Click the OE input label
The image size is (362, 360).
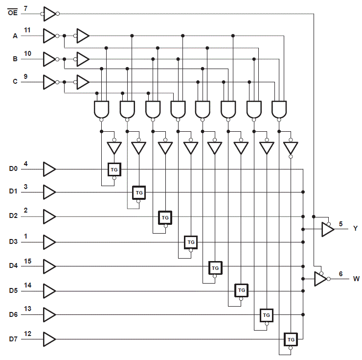click(12, 13)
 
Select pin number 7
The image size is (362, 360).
click(25, 8)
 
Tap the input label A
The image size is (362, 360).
click(15, 36)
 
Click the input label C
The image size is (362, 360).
click(15, 82)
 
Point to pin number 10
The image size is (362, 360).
click(27, 53)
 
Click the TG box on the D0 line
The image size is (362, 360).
click(114, 169)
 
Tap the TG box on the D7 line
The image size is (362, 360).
click(291, 339)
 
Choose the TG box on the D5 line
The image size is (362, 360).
click(241, 290)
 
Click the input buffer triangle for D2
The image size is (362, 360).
click(49, 216)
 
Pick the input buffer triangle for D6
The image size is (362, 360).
click(49, 314)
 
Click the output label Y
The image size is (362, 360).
click(355, 229)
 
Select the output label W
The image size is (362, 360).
click(356, 279)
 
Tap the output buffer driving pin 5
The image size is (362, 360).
click(327, 229)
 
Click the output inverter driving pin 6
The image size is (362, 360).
click(320, 279)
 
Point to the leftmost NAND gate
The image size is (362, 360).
click(101, 109)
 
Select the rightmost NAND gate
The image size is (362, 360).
click(279, 109)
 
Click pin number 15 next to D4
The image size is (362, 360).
click(27, 261)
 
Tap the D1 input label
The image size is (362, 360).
click(13, 192)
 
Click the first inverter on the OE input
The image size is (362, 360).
click(49, 13)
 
